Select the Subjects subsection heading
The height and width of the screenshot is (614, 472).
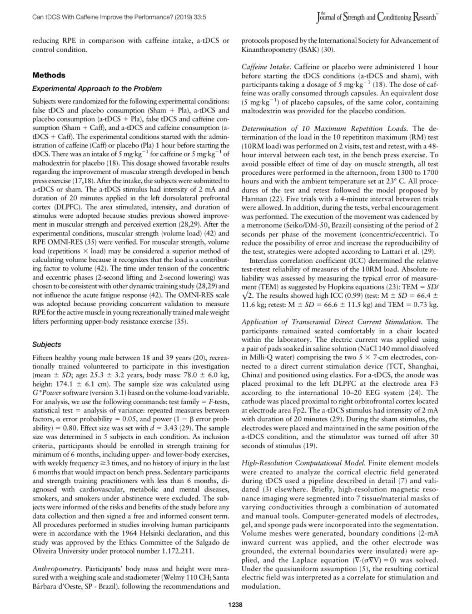pyautogui.click(x=46, y=344)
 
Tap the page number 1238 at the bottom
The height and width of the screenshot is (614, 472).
pyautogui.click(x=235, y=604)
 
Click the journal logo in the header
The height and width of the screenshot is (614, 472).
pyautogui.click(x=377, y=18)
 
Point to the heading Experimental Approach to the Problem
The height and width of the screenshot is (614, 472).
pyautogui.click(x=97, y=88)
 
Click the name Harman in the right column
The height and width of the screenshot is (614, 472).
pyautogui.click(x=253, y=199)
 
